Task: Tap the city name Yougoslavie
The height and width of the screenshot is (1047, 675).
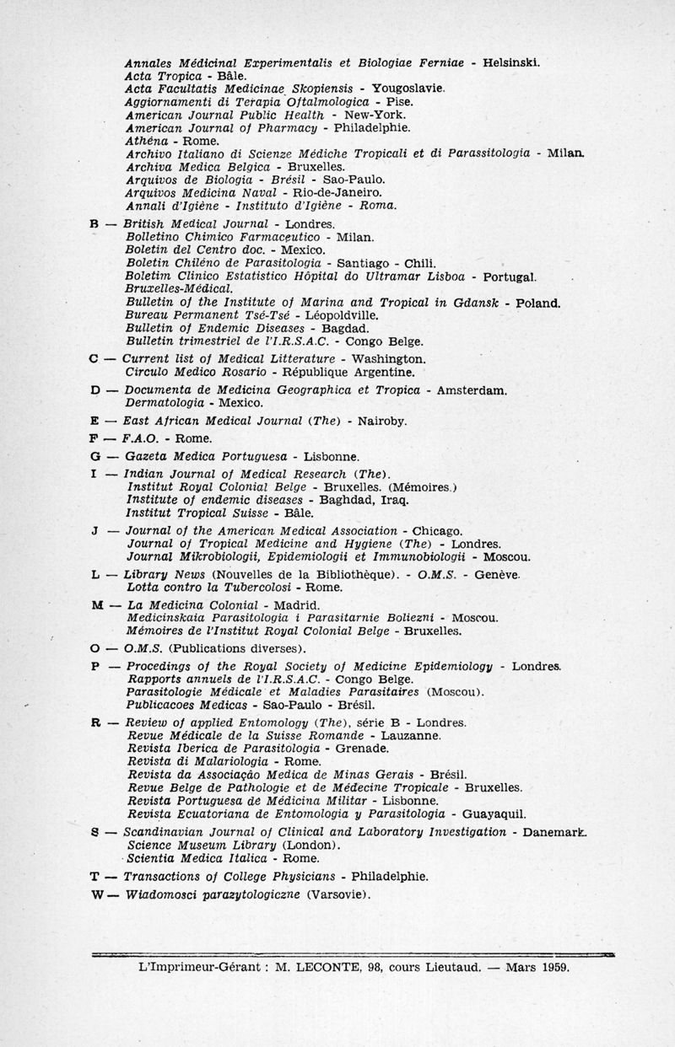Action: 402,88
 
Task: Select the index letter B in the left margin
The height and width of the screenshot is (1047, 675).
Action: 94,224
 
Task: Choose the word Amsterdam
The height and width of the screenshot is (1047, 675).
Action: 473,390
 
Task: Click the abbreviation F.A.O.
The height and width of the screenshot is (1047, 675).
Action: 140,438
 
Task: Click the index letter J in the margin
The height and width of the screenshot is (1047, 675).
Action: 94,531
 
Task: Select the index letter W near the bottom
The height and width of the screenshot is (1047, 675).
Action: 95,894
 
